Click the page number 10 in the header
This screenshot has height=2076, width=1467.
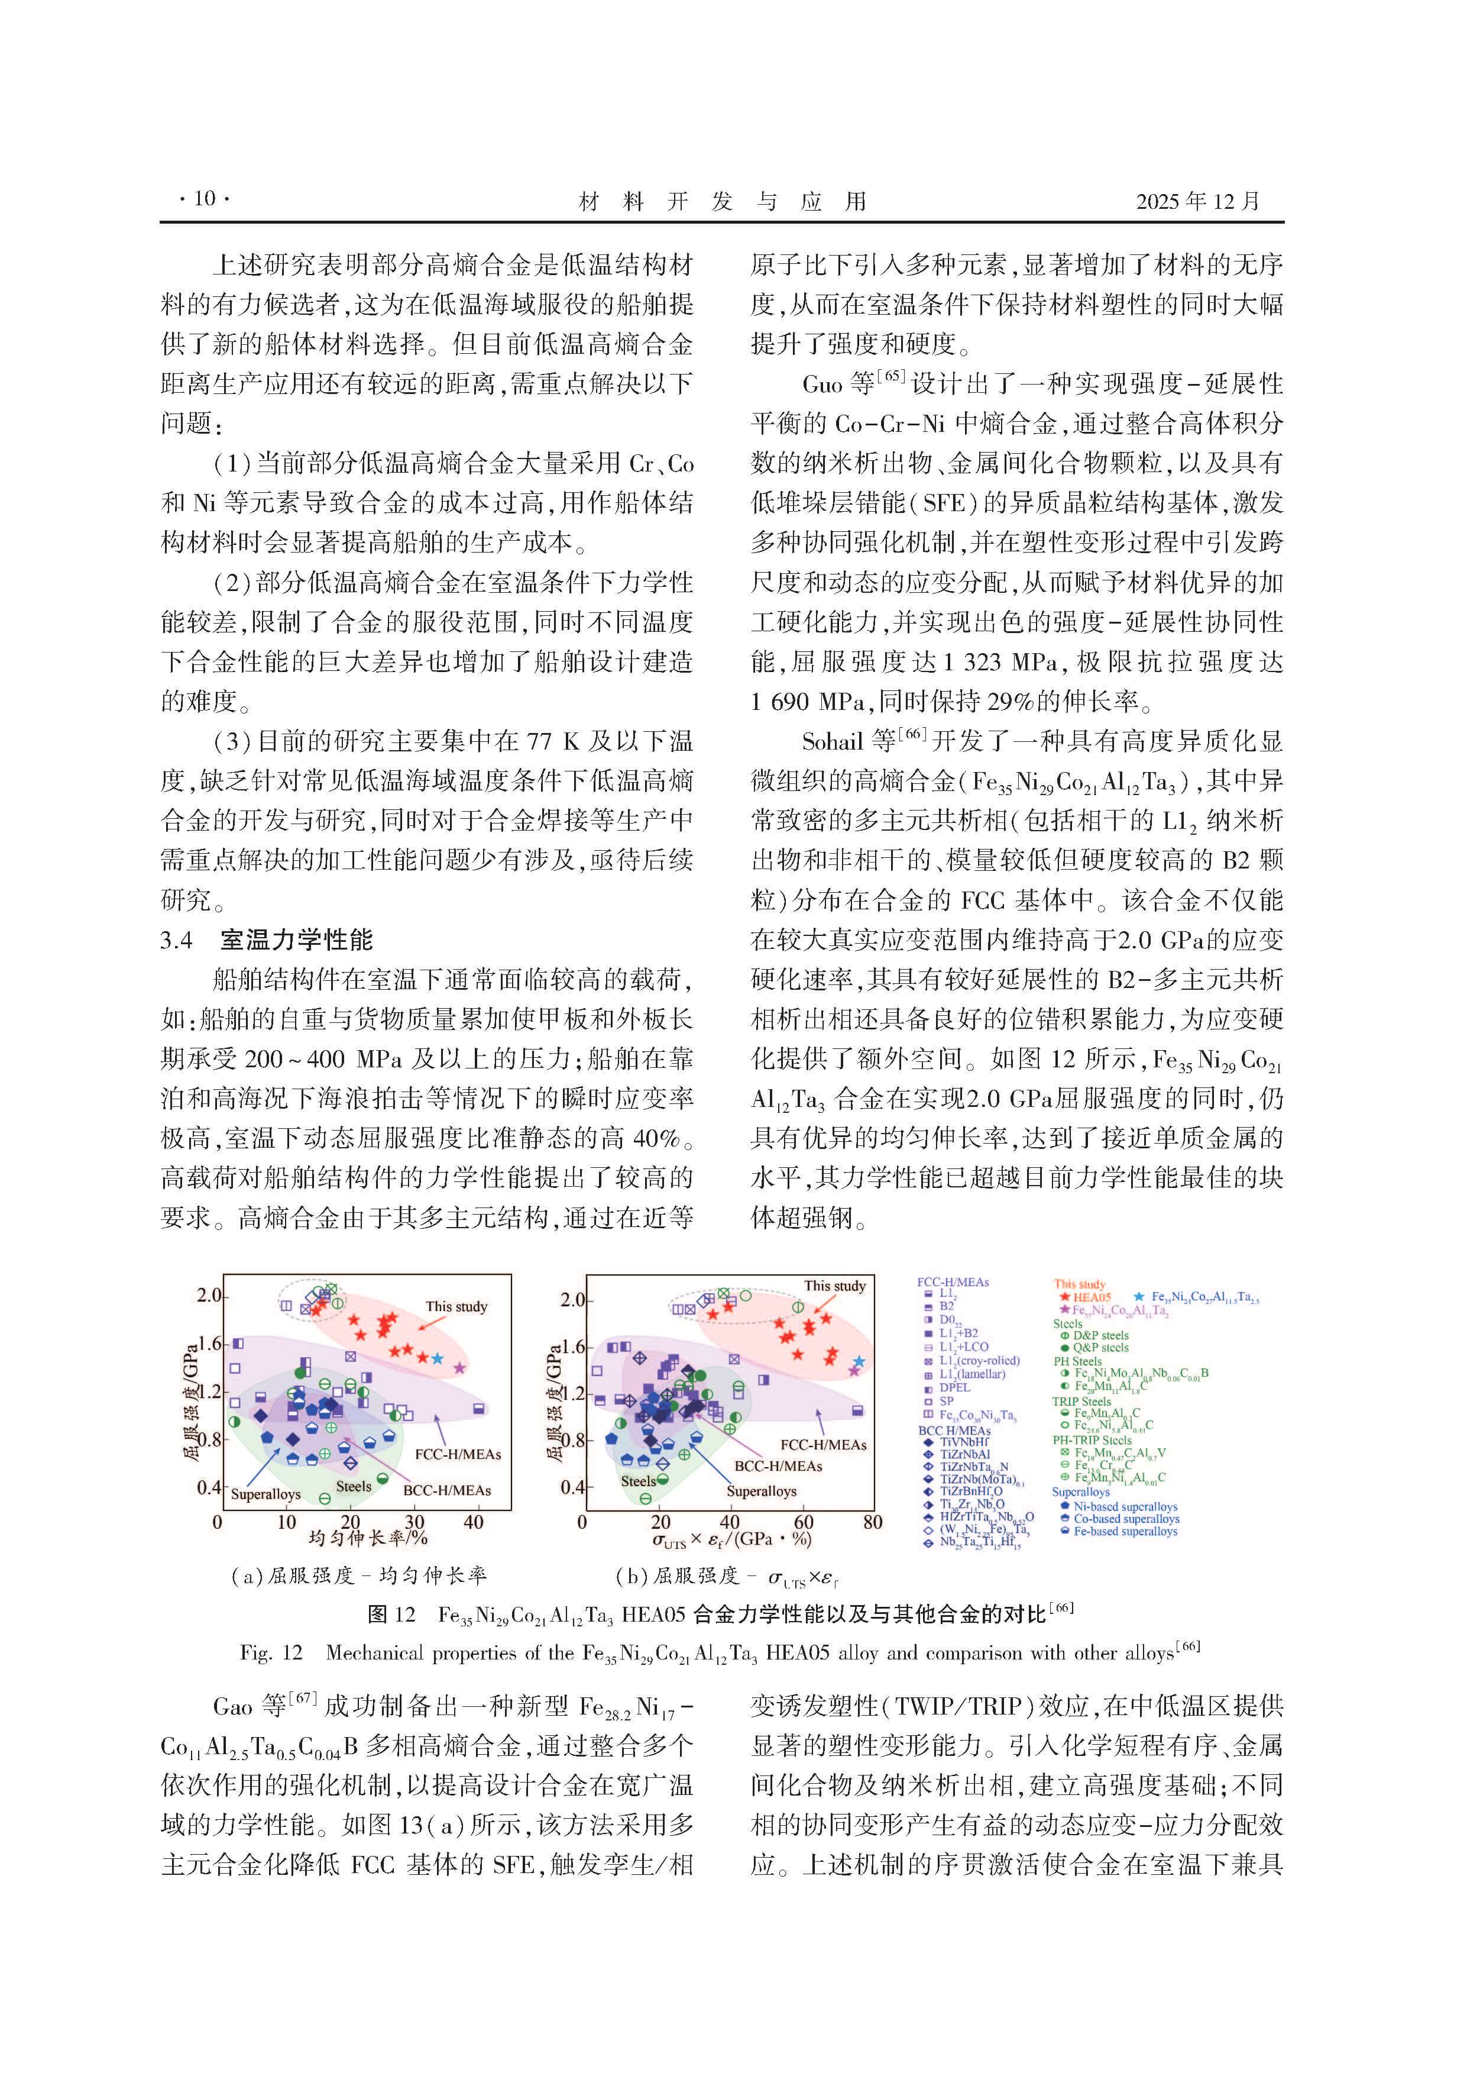[x=204, y=199]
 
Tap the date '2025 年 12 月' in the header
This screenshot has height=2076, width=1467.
[x=1197, y=201]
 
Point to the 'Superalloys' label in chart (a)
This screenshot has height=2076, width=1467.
[x=265, y=1494]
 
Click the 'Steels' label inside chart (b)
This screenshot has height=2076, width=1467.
[x=637, y=1481]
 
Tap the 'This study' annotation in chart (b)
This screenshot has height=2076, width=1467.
[x=834, y=1286]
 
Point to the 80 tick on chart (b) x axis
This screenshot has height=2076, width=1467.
[x=872, y=1523]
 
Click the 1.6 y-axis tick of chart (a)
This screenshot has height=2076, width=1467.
[x=209, y=1344]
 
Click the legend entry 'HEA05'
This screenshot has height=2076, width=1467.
[x=1092, y=1297]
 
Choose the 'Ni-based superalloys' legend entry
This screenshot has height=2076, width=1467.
[x=1125, y=1506]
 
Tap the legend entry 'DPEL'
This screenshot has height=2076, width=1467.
[x=954, y=1387]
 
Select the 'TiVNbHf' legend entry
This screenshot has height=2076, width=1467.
[x=964, y=1442]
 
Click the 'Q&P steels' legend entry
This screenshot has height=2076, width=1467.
[x=1100, y=1347]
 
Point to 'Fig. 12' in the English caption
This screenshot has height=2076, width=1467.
[x=270, y=1653]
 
